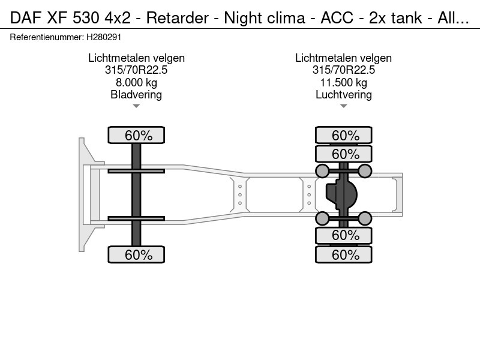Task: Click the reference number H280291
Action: (104, 37)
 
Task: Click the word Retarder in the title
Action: (178, 18)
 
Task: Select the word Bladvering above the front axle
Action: (136, 95)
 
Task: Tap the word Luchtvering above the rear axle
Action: (344, 95)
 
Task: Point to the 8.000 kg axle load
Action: (136, 82)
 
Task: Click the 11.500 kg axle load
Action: (344, 82)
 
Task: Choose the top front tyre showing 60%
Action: (136, 135)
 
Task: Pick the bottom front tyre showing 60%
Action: (136, 254)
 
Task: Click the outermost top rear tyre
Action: (344, 135)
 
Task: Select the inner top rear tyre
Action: (344, 154)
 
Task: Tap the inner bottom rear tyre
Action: (344, 235)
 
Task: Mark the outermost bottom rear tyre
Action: (344, 254)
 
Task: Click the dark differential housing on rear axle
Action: (341, 194)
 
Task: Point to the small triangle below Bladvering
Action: (136, 106)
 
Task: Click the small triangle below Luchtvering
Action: (344, 106)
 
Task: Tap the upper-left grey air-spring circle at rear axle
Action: (322, 171)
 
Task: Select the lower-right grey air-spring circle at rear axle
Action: (365, 218)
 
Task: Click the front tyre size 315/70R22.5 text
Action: (136, 70)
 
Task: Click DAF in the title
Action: (26, 18)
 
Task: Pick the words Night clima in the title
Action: (265, 18)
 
